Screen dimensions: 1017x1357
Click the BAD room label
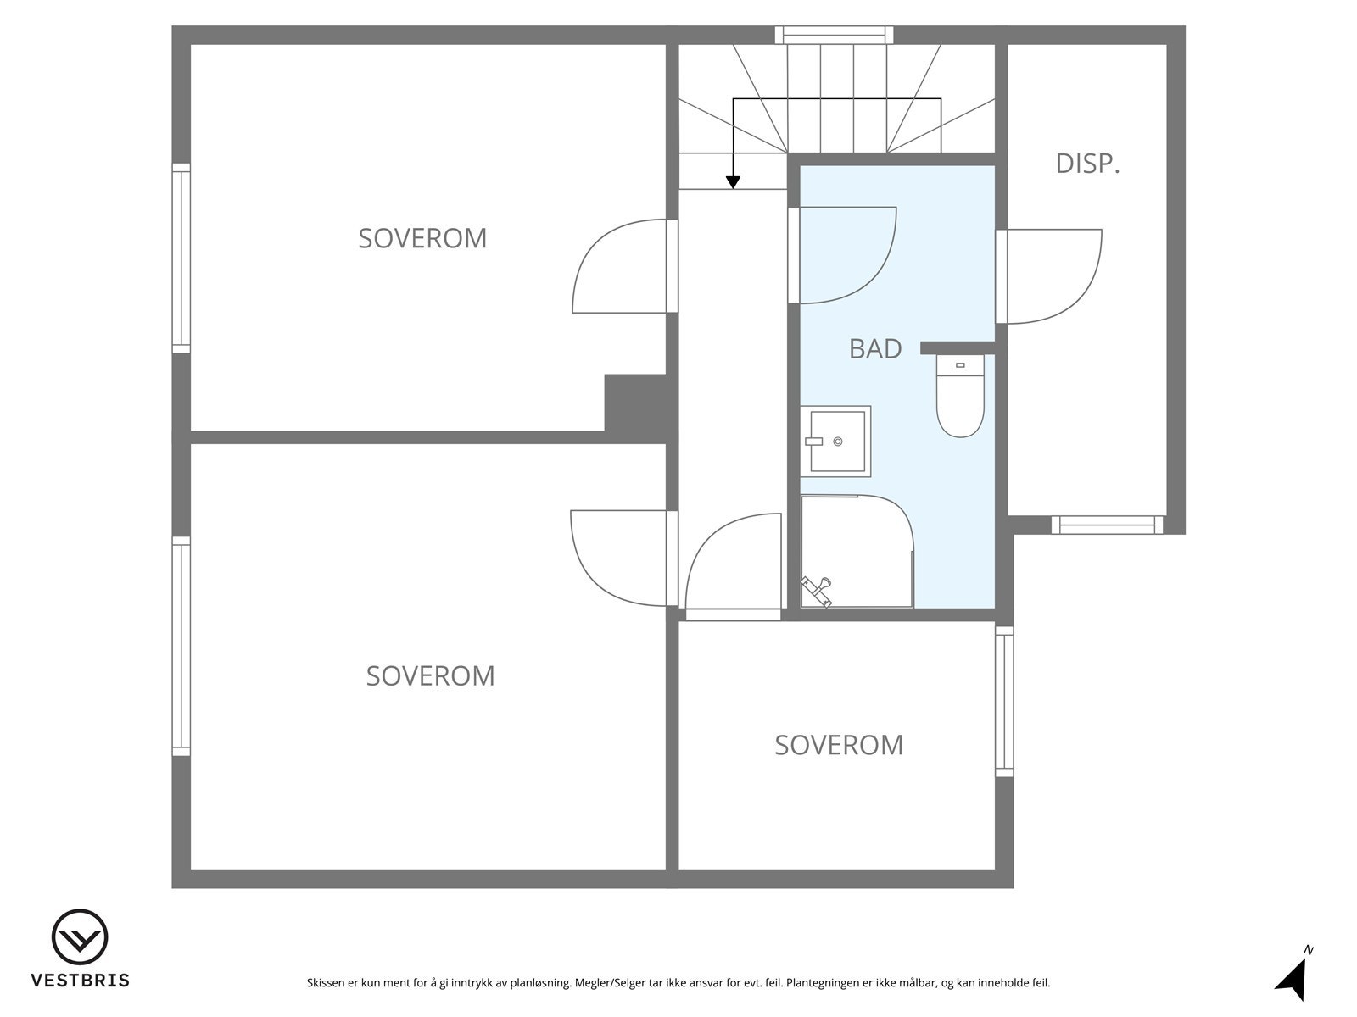click(x=874, y=348)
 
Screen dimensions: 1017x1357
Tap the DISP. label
click(x=1087, y=164)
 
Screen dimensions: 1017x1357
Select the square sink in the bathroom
click(x=835, y=440)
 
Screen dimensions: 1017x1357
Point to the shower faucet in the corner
click(x=818, y=590)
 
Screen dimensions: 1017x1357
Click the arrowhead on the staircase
click(x=733, y=182)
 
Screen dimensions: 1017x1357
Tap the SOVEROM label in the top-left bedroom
click(x=422, y=238)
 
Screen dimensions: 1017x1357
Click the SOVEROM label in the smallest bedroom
click(x=838, y=745)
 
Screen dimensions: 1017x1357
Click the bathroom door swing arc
click(x=848, y=254)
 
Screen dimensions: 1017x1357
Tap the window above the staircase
click(x=834, y=35)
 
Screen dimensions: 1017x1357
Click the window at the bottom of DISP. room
click(x=1107, y=525)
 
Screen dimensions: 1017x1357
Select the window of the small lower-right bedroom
click(x=1004, y=702)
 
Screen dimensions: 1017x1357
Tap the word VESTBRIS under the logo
click(x=80, y=981)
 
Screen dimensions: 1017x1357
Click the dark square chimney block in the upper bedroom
click(x=634, y=403)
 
